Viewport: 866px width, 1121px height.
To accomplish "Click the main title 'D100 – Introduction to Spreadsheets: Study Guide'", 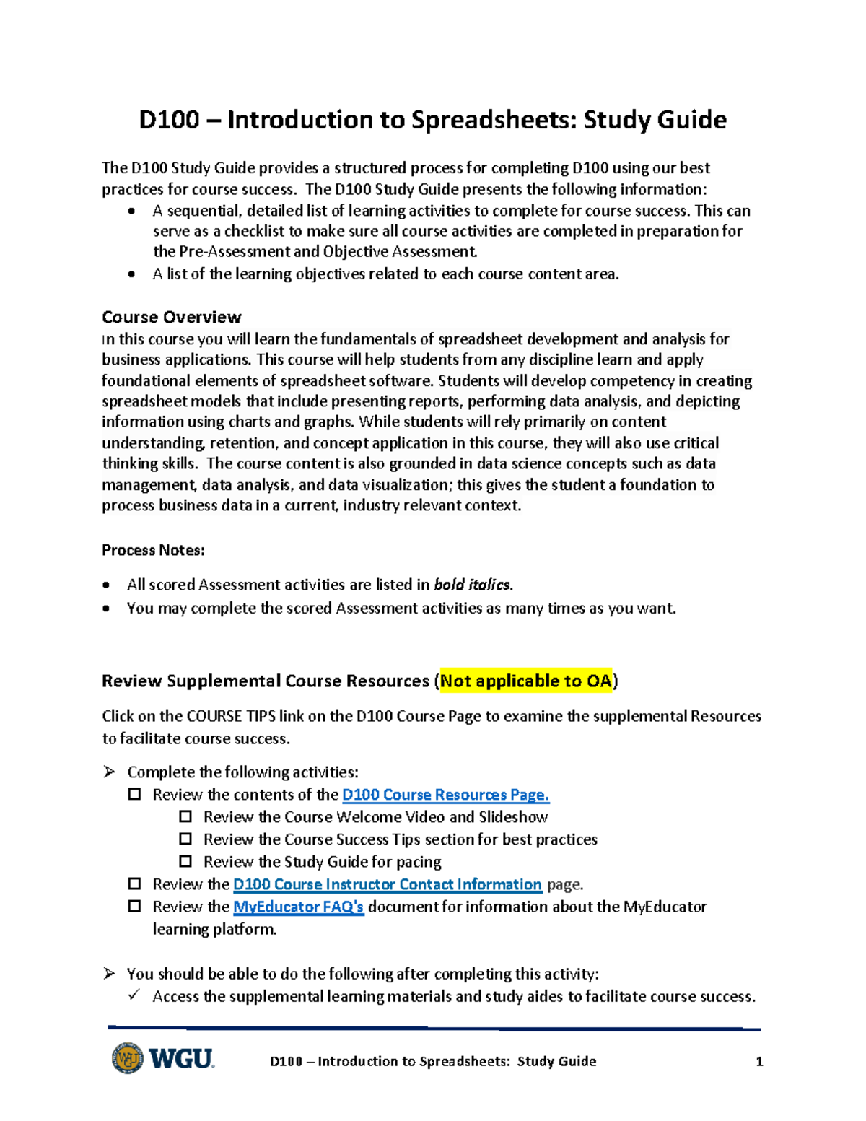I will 432,120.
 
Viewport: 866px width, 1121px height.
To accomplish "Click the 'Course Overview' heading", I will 171,317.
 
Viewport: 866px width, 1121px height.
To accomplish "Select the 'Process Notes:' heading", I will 153,550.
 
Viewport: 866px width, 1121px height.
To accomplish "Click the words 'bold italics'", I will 472,585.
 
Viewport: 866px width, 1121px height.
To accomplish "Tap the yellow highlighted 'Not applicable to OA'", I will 526,681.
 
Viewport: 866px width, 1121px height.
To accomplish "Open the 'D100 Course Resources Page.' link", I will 445,795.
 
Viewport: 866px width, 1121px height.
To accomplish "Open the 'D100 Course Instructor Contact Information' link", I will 387,884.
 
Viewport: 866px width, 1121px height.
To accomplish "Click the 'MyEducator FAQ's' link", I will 298,907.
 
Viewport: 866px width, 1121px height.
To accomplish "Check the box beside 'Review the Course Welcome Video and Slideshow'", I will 185,816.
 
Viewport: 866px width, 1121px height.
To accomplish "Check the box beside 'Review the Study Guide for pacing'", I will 185,861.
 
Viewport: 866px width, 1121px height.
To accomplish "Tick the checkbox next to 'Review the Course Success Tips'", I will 185,839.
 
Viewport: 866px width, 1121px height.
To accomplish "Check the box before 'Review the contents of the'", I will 134,794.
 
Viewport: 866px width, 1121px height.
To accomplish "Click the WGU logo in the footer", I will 164,1059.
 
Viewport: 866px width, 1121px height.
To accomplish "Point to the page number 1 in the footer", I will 758,1061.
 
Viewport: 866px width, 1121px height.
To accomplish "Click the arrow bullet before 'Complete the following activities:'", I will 109,772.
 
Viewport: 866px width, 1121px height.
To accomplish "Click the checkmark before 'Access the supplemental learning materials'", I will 134,995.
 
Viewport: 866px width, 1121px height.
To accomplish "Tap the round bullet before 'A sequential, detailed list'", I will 131,211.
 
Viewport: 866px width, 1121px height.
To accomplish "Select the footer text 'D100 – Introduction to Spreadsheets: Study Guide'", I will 433,1061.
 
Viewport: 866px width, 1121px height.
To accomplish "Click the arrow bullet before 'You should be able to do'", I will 109,973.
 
